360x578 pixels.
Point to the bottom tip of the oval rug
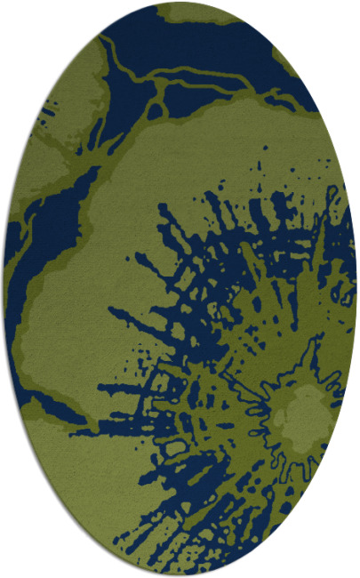point(180,574)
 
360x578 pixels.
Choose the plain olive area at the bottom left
point(80,480)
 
